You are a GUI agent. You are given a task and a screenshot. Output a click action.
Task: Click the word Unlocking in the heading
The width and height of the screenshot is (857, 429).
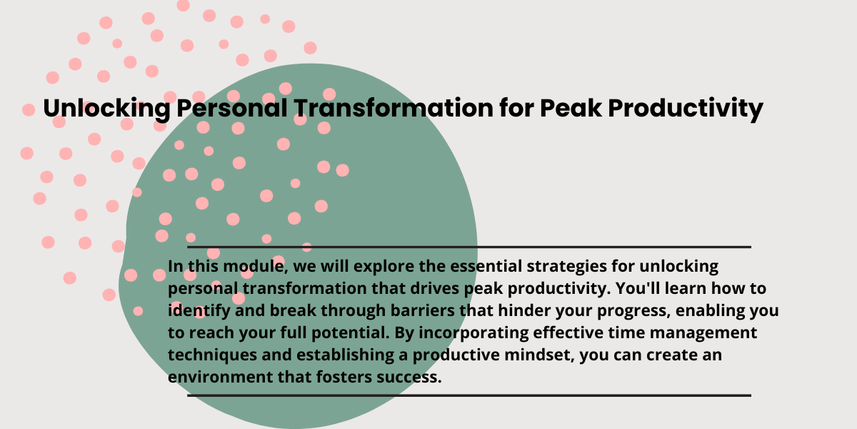pyautogui.click(x=106, y=109)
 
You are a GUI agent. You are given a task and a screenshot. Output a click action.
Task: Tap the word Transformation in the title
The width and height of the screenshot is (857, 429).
pyautogui.click(x=394, y=108)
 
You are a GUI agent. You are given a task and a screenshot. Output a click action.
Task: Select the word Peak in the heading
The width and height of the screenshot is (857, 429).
pyautogui.click(x=571, y=108)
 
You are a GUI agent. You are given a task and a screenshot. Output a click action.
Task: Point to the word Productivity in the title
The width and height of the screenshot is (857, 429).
pyautogui.click(x=686, y=109)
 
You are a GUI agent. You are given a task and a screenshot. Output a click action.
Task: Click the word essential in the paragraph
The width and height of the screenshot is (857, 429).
pyautogui.click(x=486, y=266)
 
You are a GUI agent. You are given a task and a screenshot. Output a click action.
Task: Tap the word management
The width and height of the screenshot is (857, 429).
pyautogui.click(x=703, y=333)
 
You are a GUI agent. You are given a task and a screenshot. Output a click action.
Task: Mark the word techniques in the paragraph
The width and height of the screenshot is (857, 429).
pyautogui.click(x=212, y=355)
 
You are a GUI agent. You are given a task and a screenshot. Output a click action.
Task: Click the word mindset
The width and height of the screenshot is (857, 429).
pyautogui.click(x=539, y=355)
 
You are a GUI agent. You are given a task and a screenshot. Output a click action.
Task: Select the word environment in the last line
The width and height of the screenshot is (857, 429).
pyautogui.click(x=220, y=378)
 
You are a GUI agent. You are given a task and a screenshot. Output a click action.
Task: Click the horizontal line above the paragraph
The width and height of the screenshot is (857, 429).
pyautogui.click(x=469, y=247)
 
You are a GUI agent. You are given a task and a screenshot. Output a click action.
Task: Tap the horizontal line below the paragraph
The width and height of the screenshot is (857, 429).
pyautogui.click(x=469, y=395)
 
